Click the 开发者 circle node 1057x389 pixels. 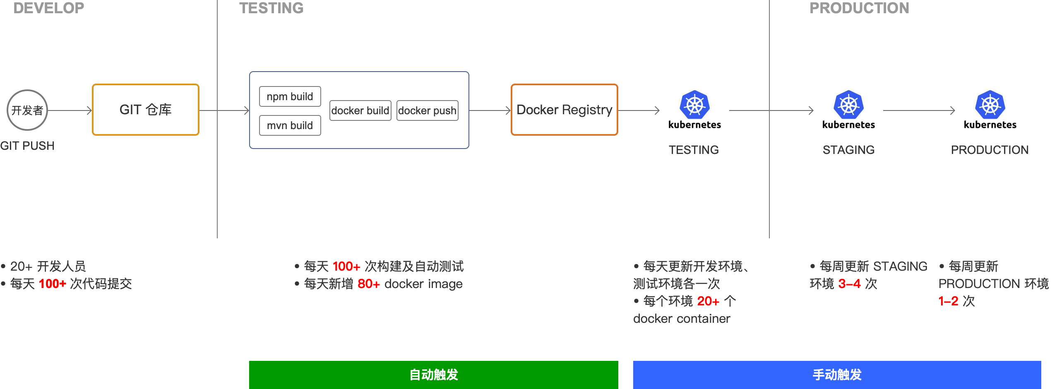tap(27, 110)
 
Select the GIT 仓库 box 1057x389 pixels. tap(146, 110)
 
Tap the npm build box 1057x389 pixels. tap(290, 96)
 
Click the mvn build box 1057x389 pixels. tap(290, 125)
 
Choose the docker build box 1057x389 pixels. tap(360, 110)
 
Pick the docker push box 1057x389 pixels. tap(427, 110)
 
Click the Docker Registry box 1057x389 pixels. tap(564, 110)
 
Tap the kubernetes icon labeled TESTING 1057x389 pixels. tap(694, 110)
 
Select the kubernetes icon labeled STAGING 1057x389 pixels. tap(848, 110)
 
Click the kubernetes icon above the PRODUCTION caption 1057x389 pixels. tap(990, 110)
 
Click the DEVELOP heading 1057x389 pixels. tap(48, 8)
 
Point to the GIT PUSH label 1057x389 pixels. tap(27, 146)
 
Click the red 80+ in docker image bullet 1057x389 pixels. tap(368, 284)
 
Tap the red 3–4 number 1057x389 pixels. tap(849, 284)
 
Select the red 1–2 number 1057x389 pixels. tap(948, 301)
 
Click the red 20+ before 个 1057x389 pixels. tap(708, 301)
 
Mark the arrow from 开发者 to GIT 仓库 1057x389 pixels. tap(70, 110)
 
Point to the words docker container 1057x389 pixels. tap(681, 319)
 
